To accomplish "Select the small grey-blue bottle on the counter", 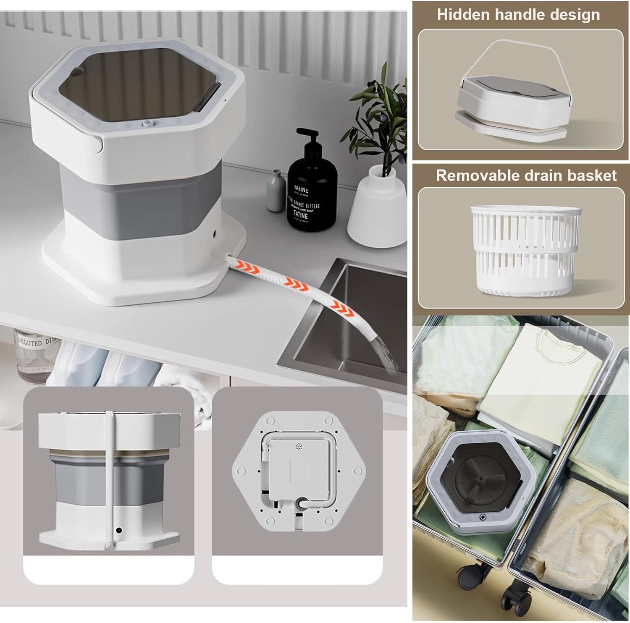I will point(276,191).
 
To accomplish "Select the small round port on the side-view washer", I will point(119,531).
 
